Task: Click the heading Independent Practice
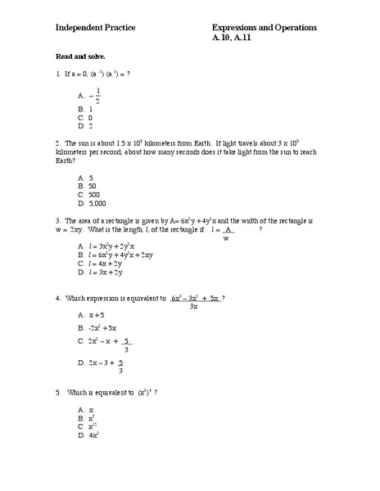pyautogui.click(x=95, y=28)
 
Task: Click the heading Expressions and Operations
pyautogui.click(x=264, y=28)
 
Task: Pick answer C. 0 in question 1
pyautogui.click(x=85, y=118)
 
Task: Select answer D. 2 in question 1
pyautogui.click(x=85, y=126)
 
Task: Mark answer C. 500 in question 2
pyautogui.click(x=88, y=195)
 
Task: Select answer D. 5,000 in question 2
pyautogui.click(x=92, y=203)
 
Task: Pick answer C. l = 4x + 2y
pyautogui.click(x=101, y=264)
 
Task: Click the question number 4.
pyautogui.click(x=58, y=297)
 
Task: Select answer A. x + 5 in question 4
pyautogui.click(x=91, y=314)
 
